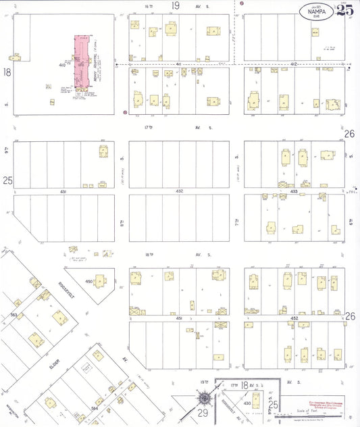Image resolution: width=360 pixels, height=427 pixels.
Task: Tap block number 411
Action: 179,63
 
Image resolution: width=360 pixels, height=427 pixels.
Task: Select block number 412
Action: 293,63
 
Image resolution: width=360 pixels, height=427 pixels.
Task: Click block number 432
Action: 179,192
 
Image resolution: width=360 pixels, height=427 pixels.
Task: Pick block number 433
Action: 294,192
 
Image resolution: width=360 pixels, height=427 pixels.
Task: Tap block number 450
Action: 88,281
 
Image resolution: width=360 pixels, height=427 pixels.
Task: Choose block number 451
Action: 178,318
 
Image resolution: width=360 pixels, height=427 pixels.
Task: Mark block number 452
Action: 293,318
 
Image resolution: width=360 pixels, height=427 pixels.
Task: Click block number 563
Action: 14,315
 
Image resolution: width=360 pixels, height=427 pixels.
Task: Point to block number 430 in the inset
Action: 247,403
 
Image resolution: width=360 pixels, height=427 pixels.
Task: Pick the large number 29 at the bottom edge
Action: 203,411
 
